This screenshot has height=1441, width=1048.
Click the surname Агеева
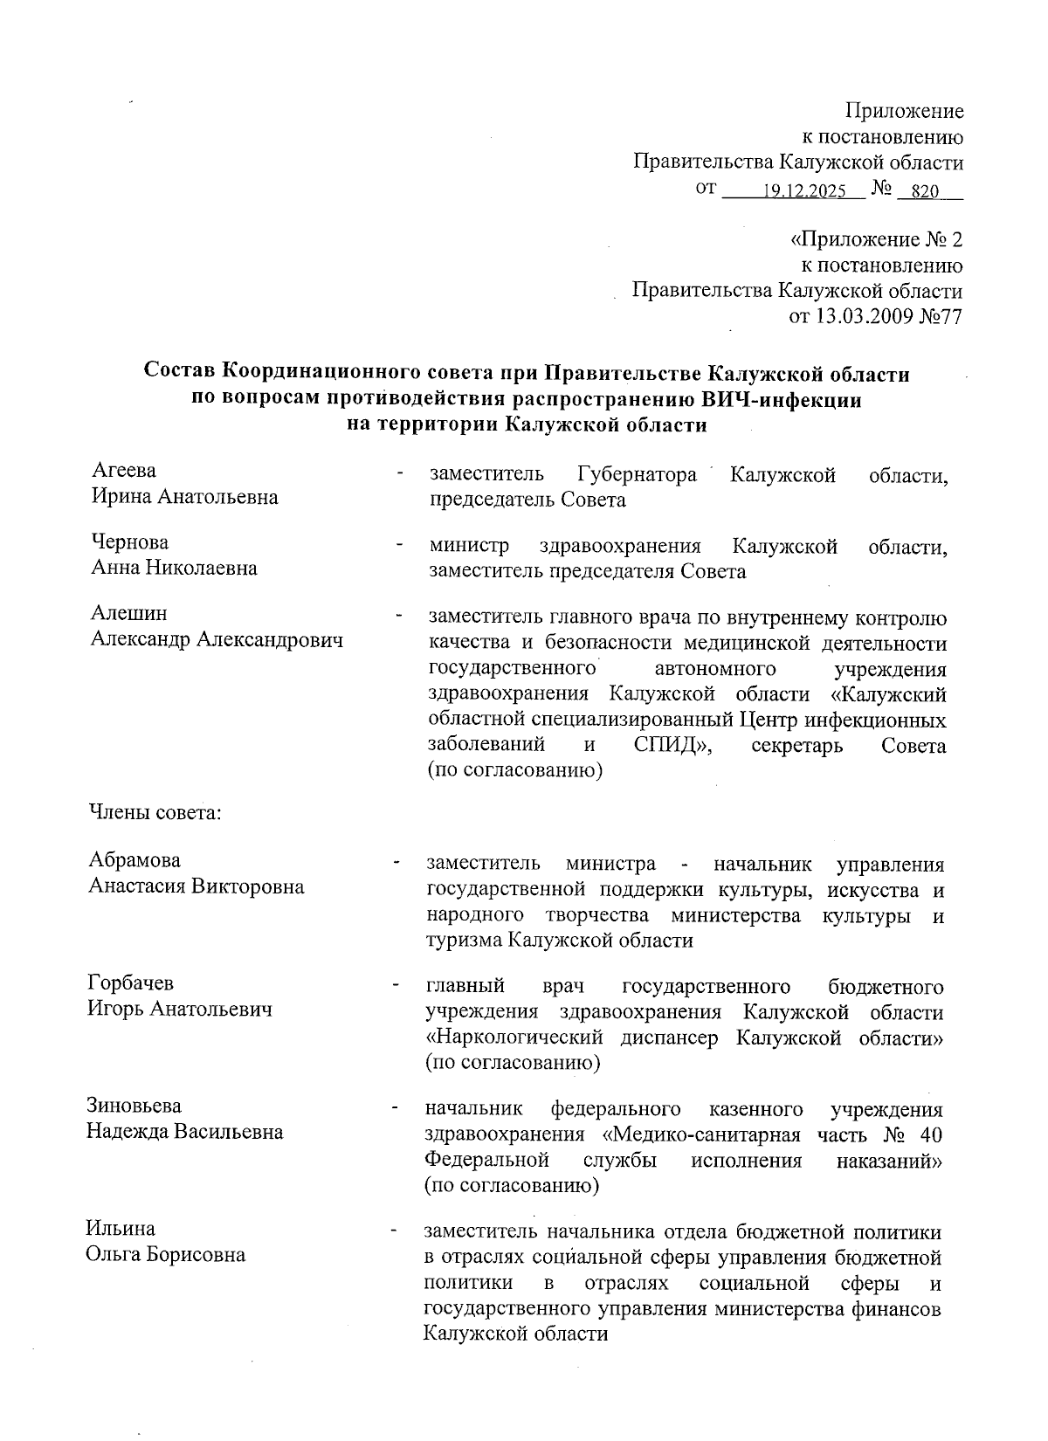click(124, 471)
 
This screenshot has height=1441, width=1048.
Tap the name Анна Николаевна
click(175, 569)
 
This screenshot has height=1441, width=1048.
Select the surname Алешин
click(129, 614)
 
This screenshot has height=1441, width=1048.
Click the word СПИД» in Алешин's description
click(671, 746)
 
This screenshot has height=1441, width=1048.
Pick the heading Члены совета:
click(155, 813)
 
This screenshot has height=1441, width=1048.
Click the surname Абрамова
click(134, 860)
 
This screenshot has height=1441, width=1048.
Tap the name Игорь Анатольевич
click(180, 1010)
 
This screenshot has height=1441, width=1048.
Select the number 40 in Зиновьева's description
click(929, 1135)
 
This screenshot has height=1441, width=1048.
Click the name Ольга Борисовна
click(165, 1255)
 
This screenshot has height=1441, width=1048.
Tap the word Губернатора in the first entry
click(637, 475)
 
